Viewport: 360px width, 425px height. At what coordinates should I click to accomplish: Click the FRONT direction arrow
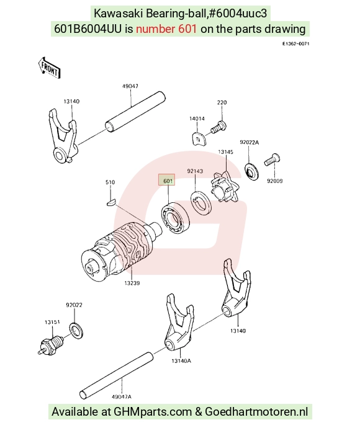pyautogui.click(x=49, y=68)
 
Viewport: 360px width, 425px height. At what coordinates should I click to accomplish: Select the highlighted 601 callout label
pyautogui.click(x=167, y=180)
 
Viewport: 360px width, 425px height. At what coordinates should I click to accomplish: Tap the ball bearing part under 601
pyautogui.click(x=175, y=218)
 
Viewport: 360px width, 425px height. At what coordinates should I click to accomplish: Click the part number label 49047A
pyautogui.click(x=122, y=396)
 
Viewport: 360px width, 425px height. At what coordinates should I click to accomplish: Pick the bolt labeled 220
pyautogui.click(x=218, y=127)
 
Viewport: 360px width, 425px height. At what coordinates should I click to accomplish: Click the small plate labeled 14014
pyautogui.click(x=199, y=138)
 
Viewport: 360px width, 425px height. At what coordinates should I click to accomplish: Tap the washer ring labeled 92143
pyautogui.click(x=201, y=202)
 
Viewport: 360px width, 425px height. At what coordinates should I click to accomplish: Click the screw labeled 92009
pyautogui.click(x=272, y=160)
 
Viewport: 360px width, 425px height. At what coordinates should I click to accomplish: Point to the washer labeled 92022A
pyautogui.click(x=251, y=172)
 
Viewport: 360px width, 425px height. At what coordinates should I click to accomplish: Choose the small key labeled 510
pyautogui.click(x=111, y=202)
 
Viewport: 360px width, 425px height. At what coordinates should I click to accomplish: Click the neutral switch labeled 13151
pyautogui.click(x=51, y=345)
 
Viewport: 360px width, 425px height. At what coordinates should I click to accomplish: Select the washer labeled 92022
pyautogui.click(x=76, y=330)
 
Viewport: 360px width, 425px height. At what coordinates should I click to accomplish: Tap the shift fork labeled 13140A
pyautogui.click(x=179, y=322)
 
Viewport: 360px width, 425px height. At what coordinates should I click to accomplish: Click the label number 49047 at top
pyautogui.click(x=130, y=86)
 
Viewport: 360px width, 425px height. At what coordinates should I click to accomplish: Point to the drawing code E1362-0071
pyautogui.click(x=295, y=43)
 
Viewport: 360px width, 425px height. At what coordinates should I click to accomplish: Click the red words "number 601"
pyautogui.click(x=166, y=29)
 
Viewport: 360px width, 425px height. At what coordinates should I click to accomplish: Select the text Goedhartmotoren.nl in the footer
pyautogui.click(x=256, y=411)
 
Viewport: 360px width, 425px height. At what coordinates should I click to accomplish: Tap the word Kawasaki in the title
pyautogui.click(x=118, y=13)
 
